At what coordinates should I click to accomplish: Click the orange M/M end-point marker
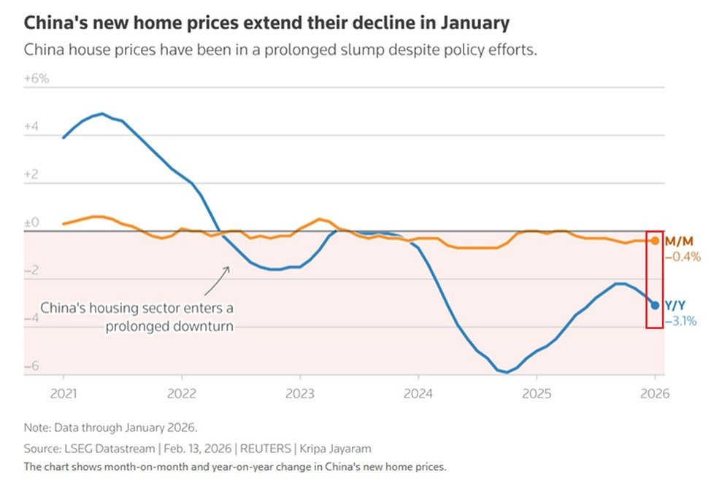655,241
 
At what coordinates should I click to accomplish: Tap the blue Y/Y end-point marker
655,306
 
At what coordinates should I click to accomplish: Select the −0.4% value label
683,257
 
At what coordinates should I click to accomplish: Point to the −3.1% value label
680,321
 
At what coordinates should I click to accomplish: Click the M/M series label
679,241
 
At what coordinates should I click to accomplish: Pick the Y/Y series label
675,306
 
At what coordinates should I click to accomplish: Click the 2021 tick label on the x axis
64,393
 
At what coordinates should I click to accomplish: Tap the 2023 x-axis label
300,393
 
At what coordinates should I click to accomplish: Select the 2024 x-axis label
418,393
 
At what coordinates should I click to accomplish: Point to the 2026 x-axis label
655,393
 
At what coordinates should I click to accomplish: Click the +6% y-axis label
36,78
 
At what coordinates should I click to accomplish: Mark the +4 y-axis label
31,126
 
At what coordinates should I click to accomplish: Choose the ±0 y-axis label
31,222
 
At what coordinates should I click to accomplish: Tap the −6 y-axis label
31,365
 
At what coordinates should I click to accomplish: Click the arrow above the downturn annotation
217,281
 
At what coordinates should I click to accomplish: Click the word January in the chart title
475,23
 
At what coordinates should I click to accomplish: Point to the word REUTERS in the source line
265,449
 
